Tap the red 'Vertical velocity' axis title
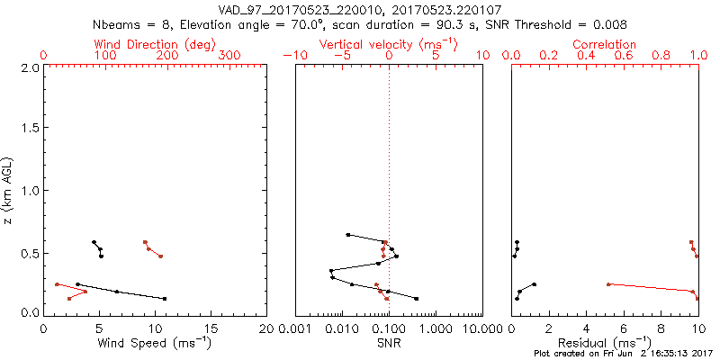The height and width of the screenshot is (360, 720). [x=388, y=44]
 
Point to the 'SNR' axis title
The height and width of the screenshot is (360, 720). [x=388, y=343]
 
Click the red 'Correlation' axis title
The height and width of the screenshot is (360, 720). [x=605, y=44]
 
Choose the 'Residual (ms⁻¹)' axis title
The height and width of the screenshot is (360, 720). [x=605, y=343]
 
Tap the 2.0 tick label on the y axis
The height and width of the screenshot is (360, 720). [x=29, y=67]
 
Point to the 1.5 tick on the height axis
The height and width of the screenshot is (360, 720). [x=29, y=129]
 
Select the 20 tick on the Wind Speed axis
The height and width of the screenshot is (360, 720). [x=267, y=328]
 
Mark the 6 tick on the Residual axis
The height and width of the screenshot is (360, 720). [x=624, y=328]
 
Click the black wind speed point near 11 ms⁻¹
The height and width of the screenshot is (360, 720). [x=165, y=298]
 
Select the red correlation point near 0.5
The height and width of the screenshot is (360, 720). [x=608, y=284]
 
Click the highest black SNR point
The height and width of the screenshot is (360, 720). [x=348, y=235]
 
